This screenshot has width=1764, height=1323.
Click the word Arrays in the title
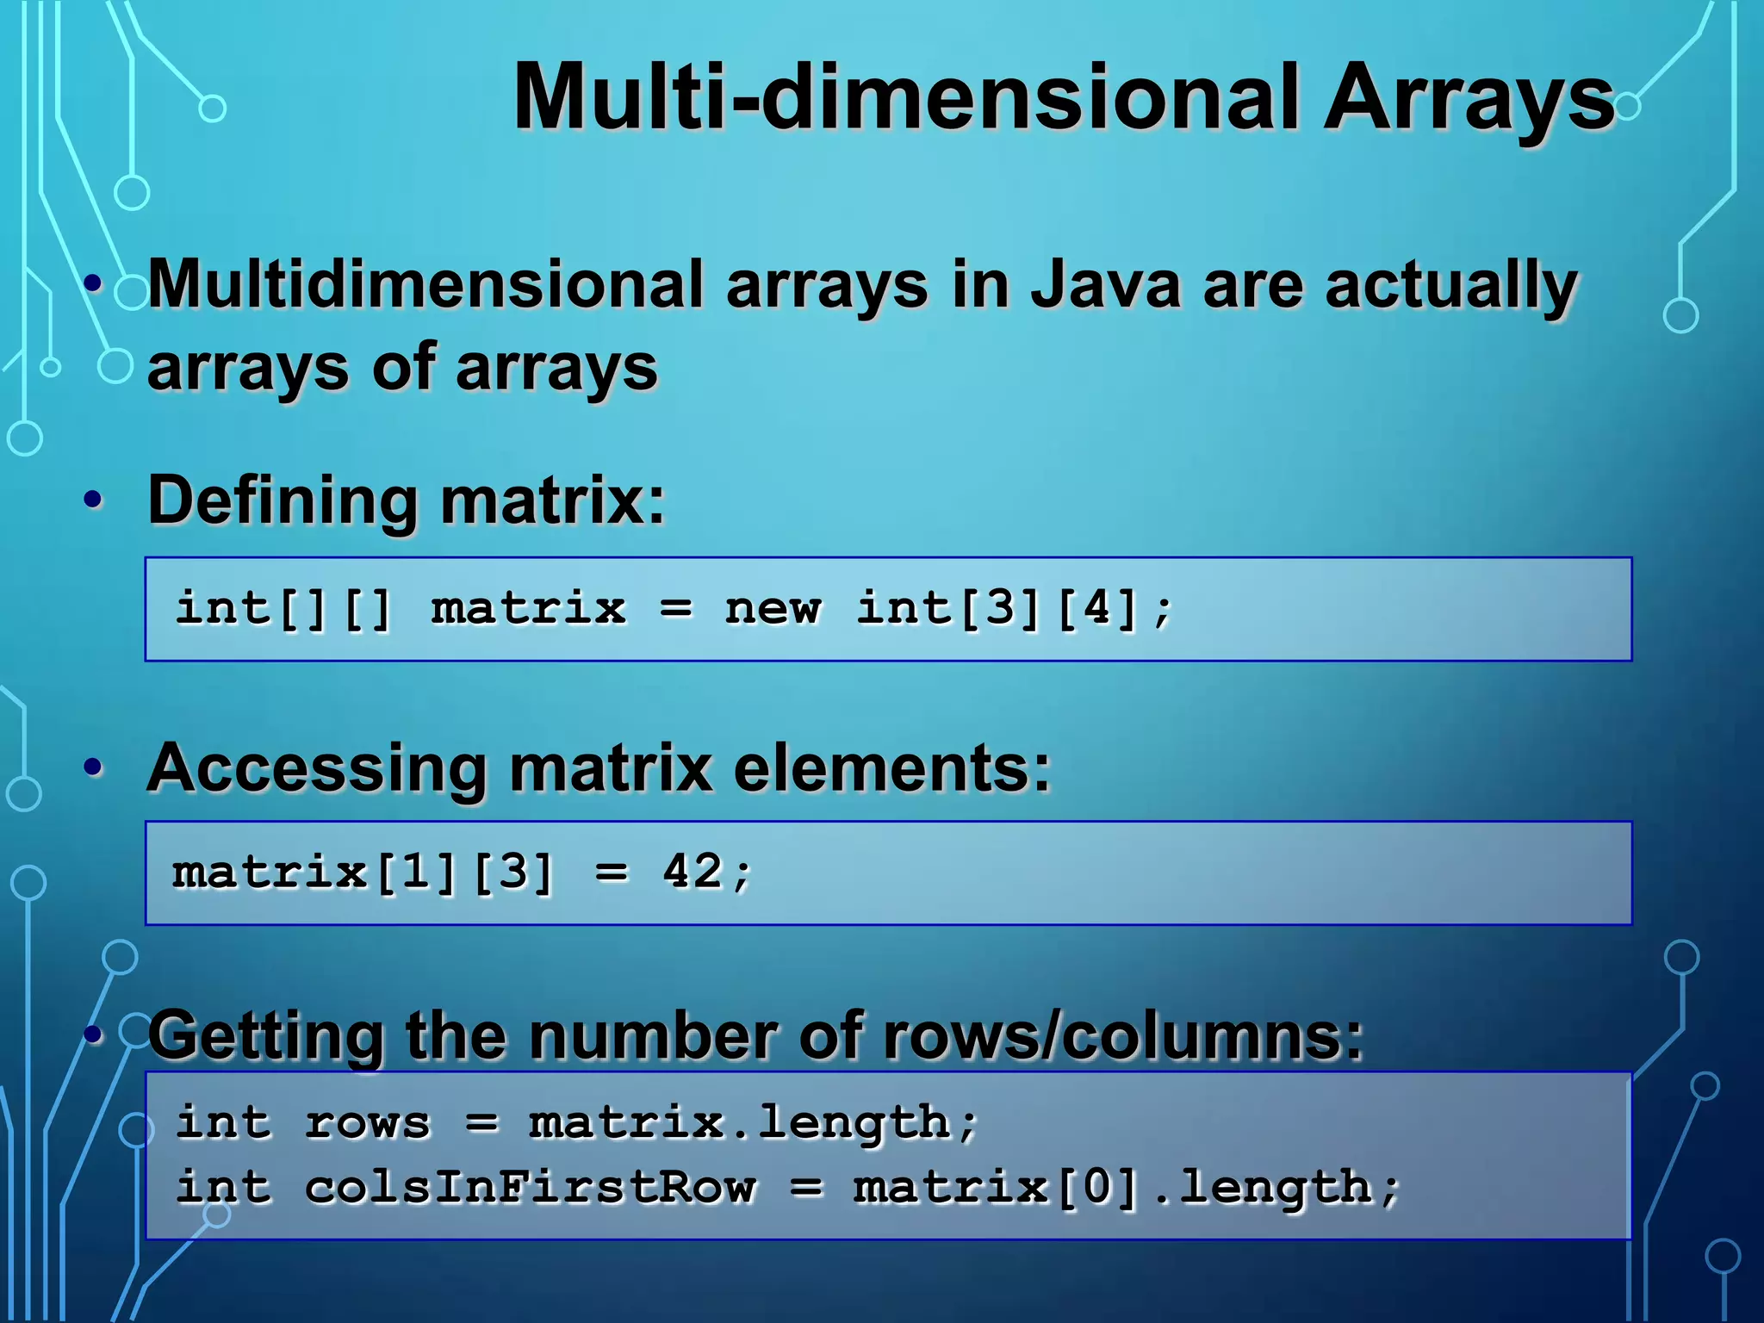pyautogui.click(x=1468, y=100)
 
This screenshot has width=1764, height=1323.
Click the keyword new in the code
pyautogui.click(x=772, y=609)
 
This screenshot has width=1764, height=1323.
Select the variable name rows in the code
pyautogui.click(x=368, y=1123)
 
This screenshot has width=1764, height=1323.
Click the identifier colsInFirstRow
pyautogui.click(x=531, y=1188)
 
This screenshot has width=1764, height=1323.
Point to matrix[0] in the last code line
pyautogui.click(x=996, y=1188)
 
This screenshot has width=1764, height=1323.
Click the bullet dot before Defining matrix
pyautogui.click(x=94, y=500)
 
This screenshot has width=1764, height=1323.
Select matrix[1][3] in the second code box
pyautogui.click(x=362, y=873)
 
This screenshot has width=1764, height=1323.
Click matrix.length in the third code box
pyautogui.click(x=739, y=1123)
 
